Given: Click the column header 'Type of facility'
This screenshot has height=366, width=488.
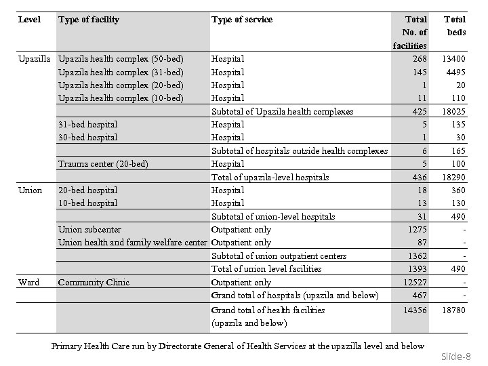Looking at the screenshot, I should click(89, 20).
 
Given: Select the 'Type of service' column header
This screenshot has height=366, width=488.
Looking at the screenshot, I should click(242, 20).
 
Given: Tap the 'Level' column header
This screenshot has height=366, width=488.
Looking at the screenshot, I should click(29, 20).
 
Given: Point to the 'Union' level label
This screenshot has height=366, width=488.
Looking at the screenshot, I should click(30, 190).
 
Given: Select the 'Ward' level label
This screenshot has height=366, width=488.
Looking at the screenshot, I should click(28, 283).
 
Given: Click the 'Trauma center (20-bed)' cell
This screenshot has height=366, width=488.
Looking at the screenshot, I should click(103, 164).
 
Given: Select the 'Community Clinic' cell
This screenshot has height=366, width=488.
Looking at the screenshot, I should click(94, 283).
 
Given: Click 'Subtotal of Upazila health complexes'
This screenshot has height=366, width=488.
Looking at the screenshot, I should click(282, 112).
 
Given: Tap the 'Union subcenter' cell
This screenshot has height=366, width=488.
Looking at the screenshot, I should click(91, 230).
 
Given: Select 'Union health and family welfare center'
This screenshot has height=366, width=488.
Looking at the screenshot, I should click(132, 243).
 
